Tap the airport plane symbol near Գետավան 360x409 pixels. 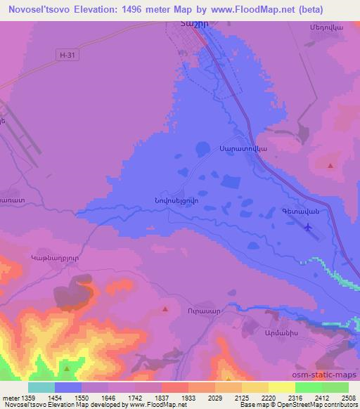[x=309, y=227]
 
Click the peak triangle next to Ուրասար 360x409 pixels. [x=165, y=309]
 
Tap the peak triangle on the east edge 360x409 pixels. [x=330, y=165]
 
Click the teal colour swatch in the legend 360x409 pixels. [x=41, y=387]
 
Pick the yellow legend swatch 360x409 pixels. [x=282, y=387]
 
